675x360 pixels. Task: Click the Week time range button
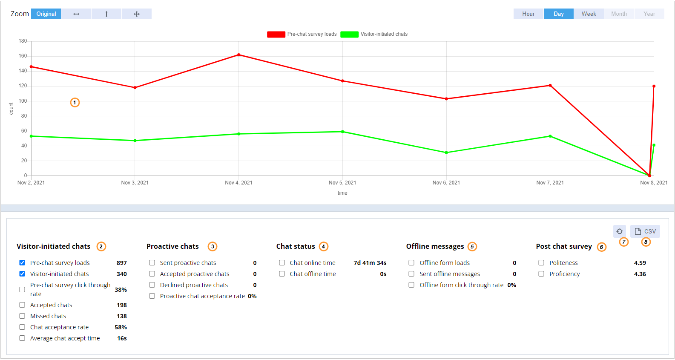click(589, 14)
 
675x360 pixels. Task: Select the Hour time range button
click(528, 14)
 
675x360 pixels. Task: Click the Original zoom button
click(46, 14)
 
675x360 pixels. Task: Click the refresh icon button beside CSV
click(620, 231)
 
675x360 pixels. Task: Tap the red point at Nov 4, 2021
click(238, 55)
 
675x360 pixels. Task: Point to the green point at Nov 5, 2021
click(342, 132)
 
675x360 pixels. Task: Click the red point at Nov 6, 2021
click(446, 99)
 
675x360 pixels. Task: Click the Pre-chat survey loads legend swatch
click(276, 35)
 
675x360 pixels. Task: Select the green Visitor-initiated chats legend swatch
click(349, 35)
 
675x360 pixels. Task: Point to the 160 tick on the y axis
click(23, 56)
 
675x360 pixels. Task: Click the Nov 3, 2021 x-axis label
click(135, 183)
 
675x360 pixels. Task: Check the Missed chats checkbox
click(22, 316)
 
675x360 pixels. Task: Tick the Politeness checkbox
click(541, 263)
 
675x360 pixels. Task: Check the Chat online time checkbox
click(282, 263)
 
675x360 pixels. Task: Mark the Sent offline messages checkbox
click(411, 274)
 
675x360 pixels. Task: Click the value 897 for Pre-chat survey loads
click(121, 263)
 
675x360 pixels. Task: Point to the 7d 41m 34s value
click(370, 263)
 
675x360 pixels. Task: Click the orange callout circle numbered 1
click(75, 103)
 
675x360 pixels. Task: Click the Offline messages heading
click(435, 246)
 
